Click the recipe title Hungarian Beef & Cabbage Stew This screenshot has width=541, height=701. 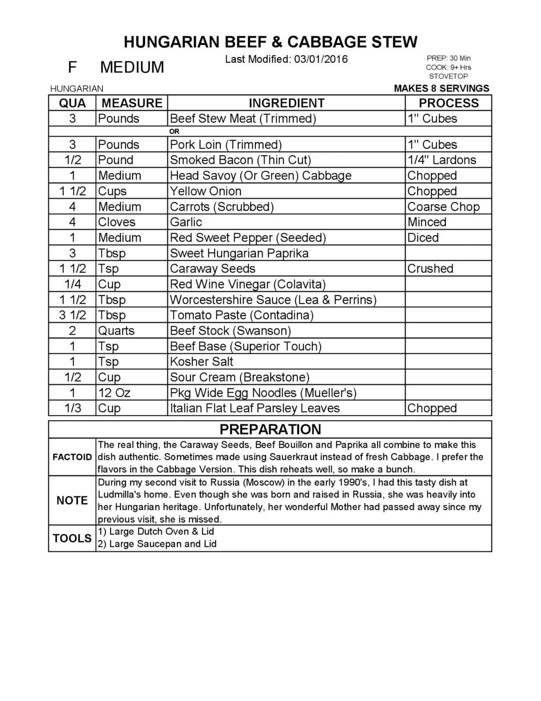click(270, 42)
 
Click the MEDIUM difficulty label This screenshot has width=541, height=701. click(132, 67)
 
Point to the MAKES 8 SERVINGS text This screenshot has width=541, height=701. click(441, 88)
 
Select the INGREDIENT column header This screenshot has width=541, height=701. click(286, 103)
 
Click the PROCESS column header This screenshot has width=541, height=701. click(448, 103)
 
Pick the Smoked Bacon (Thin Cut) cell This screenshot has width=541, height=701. click(240, 160)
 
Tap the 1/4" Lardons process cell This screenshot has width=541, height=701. click(441, 160)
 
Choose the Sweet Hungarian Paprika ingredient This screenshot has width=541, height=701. click(239, 253)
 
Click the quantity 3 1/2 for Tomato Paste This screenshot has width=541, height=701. click(73, 315)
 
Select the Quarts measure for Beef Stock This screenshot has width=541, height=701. click(116, 331)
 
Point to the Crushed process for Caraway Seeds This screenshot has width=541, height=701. click(430, 269)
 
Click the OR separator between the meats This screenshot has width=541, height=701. click(174, 131)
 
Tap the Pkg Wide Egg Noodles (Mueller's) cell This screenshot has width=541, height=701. click(263, 393)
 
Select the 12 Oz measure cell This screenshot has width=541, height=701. click(114, 393)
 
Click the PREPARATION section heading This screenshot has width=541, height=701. click(270, 429)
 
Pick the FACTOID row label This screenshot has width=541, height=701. click(72, 457)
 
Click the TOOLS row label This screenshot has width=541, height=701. click(72, 538)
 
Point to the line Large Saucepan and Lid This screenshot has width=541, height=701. click(162, 544)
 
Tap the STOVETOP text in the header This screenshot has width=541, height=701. click(448, 76)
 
